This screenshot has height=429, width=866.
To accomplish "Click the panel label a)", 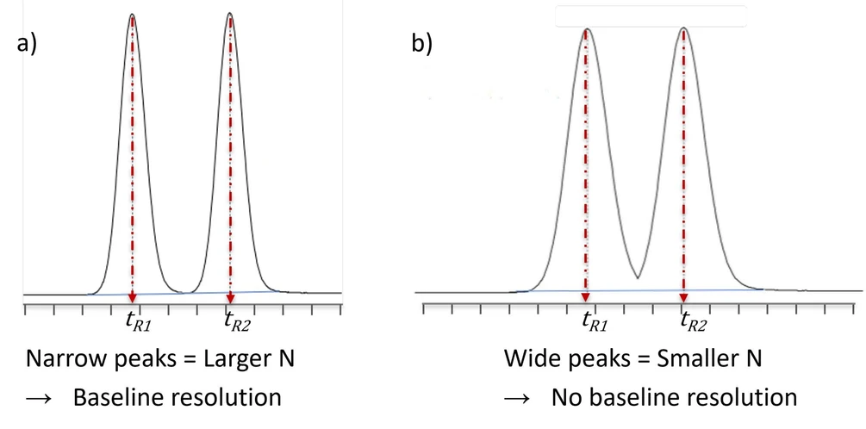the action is [27, 42].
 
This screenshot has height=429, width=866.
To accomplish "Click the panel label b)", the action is [422, 43].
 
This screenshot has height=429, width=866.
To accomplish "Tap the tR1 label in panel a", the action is [140, 322].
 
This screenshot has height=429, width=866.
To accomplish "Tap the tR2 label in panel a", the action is [237, 322].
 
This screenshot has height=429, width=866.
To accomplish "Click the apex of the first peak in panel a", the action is [133, 14].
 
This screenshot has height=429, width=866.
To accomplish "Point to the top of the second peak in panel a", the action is [230, 13].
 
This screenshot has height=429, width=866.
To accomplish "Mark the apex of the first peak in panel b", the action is [586, 28].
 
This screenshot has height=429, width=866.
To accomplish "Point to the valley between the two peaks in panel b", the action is [638, 277].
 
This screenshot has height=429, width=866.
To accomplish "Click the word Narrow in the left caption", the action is [62, 359].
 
